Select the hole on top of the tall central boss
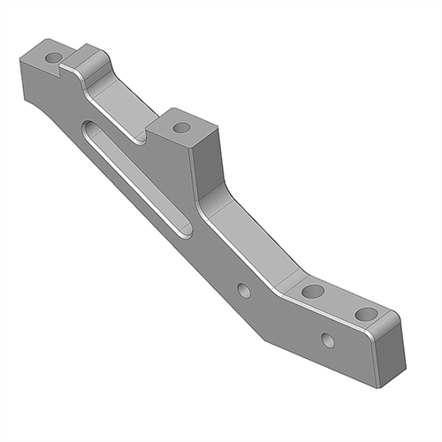[181, 127]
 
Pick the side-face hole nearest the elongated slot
[244, 291]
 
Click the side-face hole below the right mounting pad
[327, 339]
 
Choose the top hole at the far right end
[362, 313]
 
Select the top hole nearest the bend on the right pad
[309, 291]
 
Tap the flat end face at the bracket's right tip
[389, 354]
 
